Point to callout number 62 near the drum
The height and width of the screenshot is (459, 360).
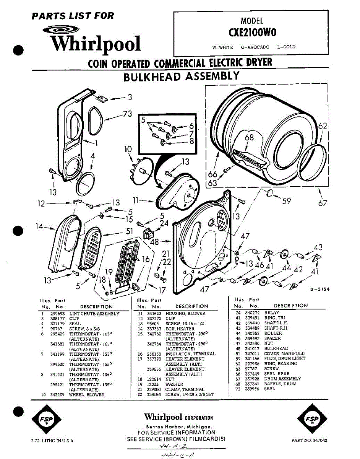coord(323,125)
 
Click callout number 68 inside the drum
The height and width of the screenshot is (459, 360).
coord(249,138)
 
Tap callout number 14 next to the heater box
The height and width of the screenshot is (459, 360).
coord(39,226)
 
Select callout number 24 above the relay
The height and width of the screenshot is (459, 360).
coord(164,223)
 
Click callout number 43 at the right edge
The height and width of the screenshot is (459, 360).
coord(318,247)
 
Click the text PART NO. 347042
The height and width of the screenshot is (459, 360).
coord(309,440)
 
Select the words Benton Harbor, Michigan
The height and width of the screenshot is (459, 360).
coord(178,426)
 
